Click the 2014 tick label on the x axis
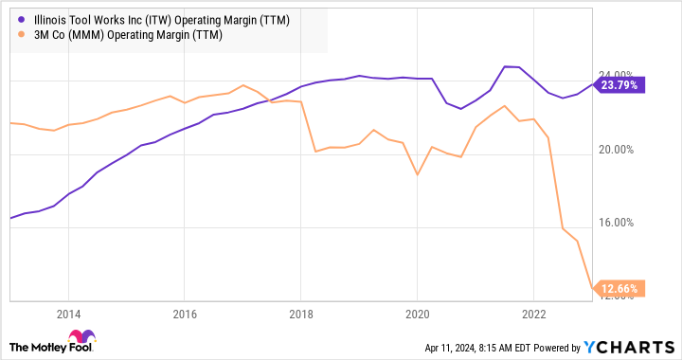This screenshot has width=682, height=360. click(x=67, y=314)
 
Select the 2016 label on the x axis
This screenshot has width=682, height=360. click(x=185, y=314)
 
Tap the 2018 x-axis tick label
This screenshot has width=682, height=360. click(x=301, y=314)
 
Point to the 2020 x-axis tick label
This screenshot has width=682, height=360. click(x=418, y=314)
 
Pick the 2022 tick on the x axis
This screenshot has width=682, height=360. click(x=533, y=314)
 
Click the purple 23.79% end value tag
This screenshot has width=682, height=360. click(x=619, y=84)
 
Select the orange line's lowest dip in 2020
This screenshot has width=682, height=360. click(x=418, y=175)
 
